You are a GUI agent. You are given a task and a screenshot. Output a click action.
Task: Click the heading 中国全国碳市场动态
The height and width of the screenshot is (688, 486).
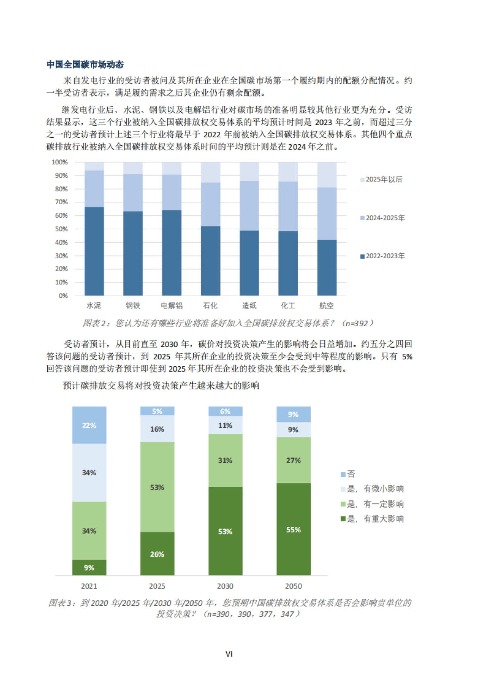pyautogui.click(x=85, y=64)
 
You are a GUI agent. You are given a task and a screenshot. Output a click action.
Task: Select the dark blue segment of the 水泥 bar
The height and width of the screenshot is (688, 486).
pyautogui.click(x=94, y=251)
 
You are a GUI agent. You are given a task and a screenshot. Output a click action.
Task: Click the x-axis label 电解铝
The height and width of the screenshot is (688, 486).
pyautogui.click(x=172, y=306)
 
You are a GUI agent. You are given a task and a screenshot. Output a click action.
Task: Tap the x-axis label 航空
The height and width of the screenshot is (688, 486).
pyautogui.click(x=326, y=306)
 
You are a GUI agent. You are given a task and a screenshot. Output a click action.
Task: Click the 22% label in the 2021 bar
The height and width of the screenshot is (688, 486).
pyautogui.click(x=89, y=425)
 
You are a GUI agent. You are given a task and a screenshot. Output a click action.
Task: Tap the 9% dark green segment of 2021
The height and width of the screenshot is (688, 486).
pyautogui.click(x=89, y=568)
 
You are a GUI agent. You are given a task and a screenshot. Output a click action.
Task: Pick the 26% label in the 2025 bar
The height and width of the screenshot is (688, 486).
pyautogui.click(x=157, y=554)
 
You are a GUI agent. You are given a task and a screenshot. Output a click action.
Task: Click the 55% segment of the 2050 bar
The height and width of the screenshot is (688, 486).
pyautogui.click(x=294, y=530)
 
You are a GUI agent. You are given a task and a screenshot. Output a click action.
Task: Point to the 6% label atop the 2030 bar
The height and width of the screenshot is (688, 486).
pyautogui.click(x=225, y=411)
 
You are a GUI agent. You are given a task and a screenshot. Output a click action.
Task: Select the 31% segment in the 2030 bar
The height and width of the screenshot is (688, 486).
pyautogui.click(x=225, y=460)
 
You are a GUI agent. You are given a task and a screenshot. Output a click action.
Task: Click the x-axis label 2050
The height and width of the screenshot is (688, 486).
pyautogui.click(x=294, y=586)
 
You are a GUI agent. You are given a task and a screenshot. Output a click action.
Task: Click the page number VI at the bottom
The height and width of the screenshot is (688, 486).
pyautogui.click(x=229, y=654)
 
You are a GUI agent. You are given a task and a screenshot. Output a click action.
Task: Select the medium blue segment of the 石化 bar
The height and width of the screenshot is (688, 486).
pyautogui.click(x=211, y=204)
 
